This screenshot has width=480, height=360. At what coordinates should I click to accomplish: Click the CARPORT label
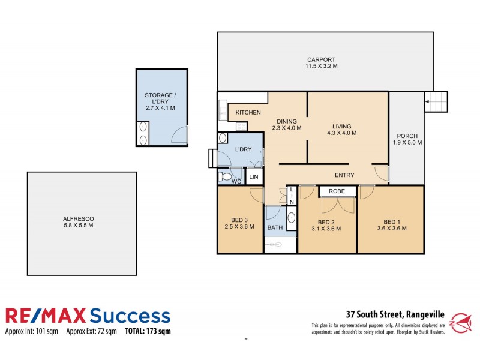point(322,60)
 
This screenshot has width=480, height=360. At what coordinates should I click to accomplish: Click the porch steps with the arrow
point(436,102)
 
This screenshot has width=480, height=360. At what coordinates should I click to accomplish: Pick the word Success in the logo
point(130,316)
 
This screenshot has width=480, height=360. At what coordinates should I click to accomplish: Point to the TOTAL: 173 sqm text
point(148,331)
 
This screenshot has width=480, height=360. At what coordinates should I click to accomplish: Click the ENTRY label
point(344,175)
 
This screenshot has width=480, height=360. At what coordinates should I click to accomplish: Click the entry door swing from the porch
point(380,173)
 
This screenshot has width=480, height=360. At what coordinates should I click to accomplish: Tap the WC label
point(236,181)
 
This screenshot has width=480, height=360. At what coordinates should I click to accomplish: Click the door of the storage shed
point(179,136)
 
